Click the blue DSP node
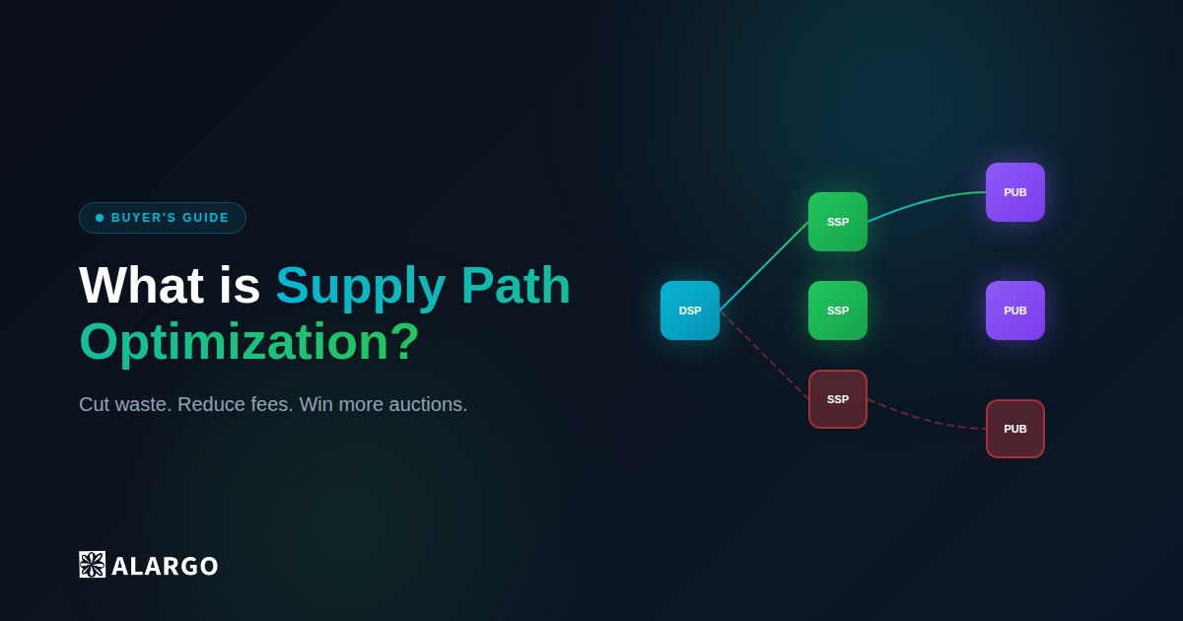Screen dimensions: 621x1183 690,310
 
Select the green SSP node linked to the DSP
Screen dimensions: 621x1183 838,222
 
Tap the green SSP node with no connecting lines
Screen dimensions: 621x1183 838,310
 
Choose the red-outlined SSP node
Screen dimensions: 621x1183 838,399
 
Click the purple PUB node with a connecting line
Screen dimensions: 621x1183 1015,192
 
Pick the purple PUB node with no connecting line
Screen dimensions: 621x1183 1015,310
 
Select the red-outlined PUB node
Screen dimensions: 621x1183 1015,429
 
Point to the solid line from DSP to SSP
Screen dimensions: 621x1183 764,266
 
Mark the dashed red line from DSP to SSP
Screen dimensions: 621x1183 764,355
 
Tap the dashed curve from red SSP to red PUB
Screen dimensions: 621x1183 927,421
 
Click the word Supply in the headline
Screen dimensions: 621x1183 361,286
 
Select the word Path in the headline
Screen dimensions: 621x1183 516,286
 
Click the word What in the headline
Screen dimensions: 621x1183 141,286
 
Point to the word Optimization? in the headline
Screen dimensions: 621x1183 249,342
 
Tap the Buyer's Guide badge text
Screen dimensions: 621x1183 171,218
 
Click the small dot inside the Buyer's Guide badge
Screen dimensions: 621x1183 100,218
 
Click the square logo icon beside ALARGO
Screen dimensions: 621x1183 92,565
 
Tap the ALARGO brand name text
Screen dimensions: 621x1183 165,566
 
